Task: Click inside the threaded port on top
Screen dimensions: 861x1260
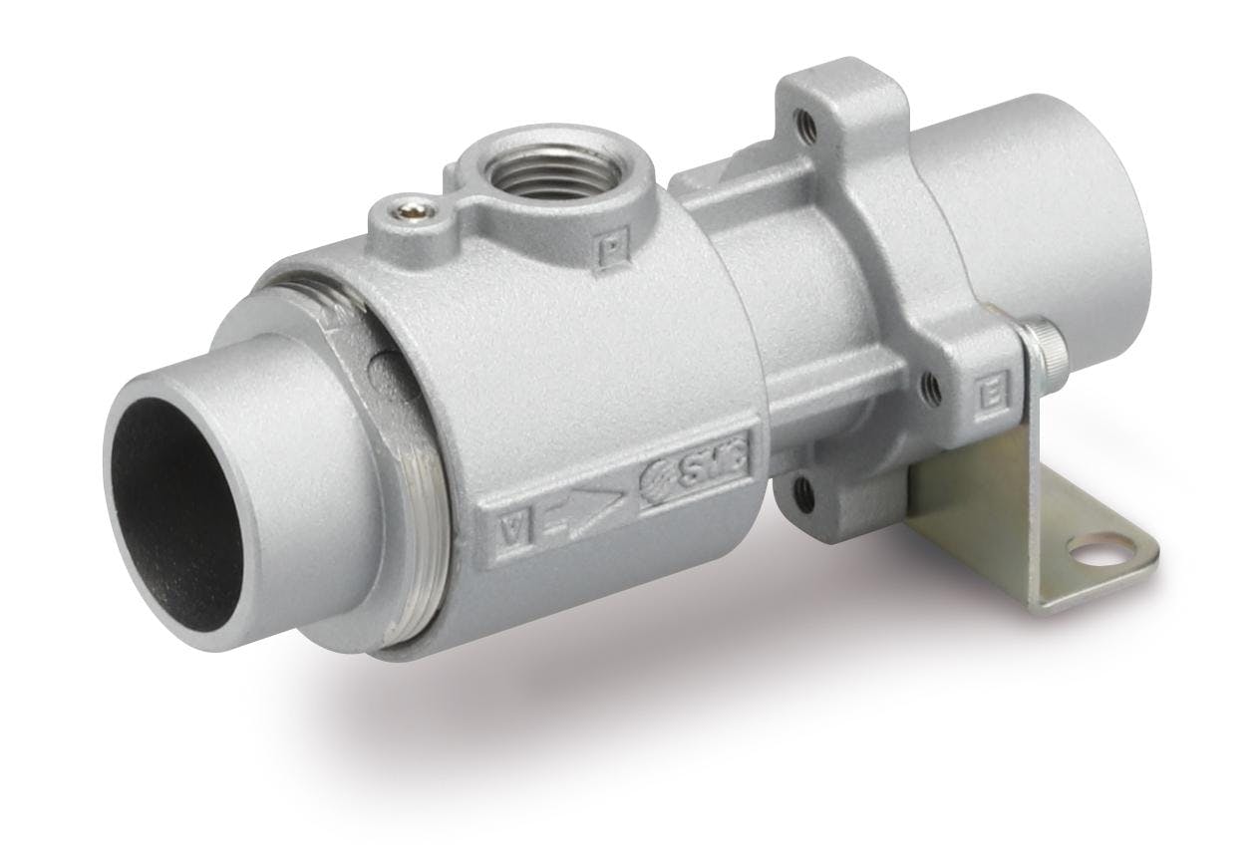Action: pos(547,176)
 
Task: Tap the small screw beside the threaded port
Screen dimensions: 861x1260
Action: pos(411,207)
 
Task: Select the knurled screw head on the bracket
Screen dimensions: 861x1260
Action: pos(1048,340)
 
